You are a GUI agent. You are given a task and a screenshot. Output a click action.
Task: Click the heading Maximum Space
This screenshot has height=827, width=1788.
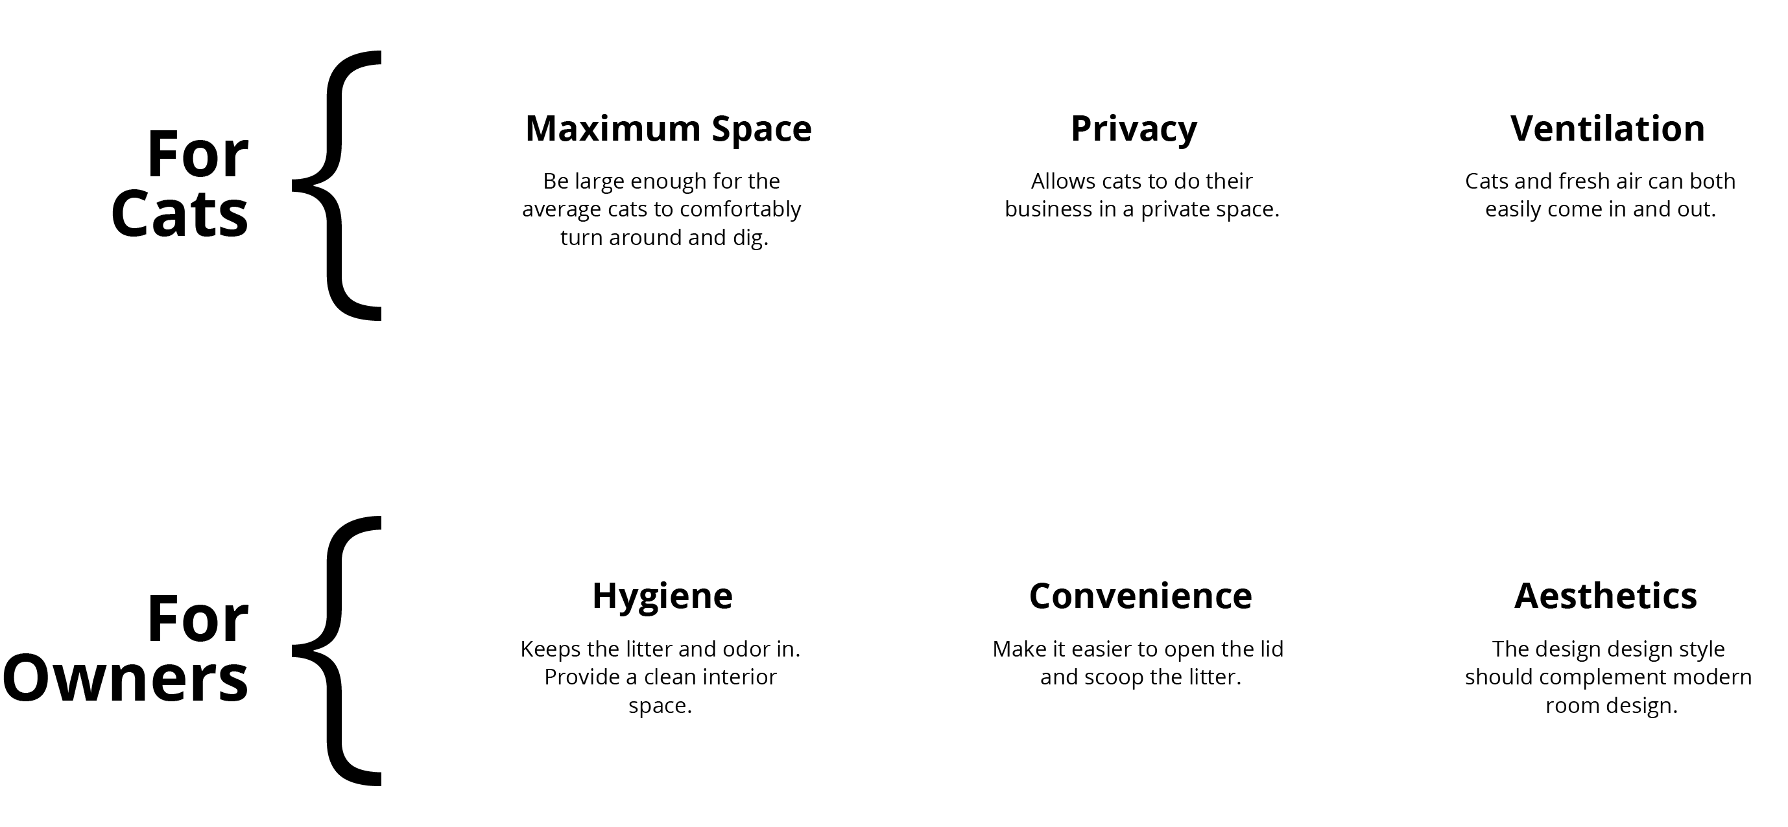669,129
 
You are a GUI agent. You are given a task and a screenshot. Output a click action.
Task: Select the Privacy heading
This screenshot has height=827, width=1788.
1134,130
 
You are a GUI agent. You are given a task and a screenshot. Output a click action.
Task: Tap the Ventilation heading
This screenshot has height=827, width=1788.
1608,128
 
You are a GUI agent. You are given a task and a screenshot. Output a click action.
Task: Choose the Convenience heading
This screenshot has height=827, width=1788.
1140,596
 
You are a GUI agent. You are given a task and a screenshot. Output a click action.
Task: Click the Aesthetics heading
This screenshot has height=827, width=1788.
1606,596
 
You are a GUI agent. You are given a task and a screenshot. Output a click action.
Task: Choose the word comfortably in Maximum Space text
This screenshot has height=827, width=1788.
742,210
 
